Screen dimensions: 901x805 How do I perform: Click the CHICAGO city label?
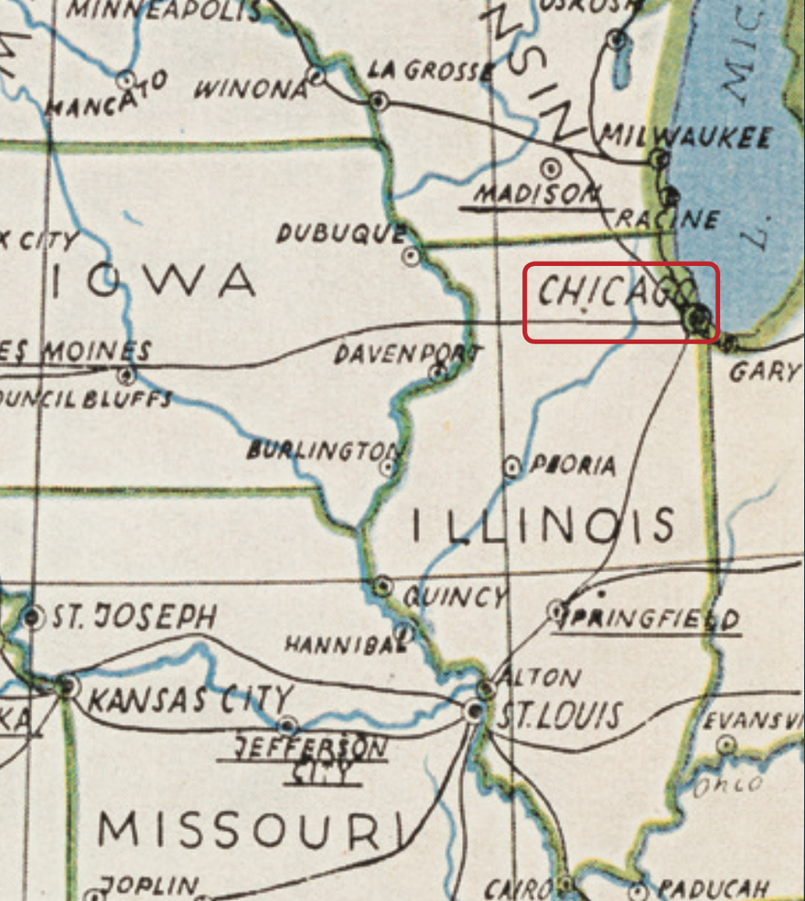click(x=611, y=293)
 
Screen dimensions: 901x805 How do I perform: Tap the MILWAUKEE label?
click(x=685, y=138)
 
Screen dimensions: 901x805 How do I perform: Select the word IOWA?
click(x=152, y=281)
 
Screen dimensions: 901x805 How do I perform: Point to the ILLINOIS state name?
click(x=543, y=527)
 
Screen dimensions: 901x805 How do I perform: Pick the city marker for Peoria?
click(x=513, y=467)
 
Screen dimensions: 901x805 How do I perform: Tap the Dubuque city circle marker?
click(x=412, y=256)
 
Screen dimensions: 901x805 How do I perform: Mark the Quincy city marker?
click(x=383, y=584)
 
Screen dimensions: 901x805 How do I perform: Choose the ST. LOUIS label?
click(x=557, y=716)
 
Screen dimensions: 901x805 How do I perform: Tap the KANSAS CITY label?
click(x=190, y=701)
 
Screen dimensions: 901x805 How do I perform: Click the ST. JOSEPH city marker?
click(x=34, y=619)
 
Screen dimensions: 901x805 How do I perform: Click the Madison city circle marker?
click(x=551, y=168)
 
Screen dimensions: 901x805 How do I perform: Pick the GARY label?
click(x=764, y=372)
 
